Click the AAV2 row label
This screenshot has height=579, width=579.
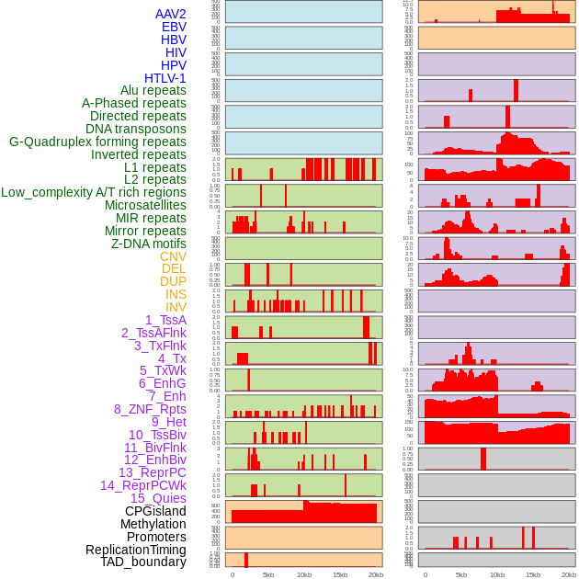click(171, 14)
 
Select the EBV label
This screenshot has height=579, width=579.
click(174, 27)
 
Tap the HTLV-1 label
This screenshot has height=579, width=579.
click(165, 78)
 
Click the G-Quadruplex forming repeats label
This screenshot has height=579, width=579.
click(97, 142)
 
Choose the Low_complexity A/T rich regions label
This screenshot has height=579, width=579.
click(94, 192)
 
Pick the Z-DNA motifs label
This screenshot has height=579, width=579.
click(149, 244)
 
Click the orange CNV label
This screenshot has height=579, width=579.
click(173, 256)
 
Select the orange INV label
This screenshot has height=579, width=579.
click(176, 307)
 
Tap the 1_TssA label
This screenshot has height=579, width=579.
click(165, 320)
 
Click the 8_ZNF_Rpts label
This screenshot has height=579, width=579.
click(150, 409)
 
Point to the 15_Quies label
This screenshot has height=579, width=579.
click(158, 498)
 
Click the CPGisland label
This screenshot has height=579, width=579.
click(155, 511)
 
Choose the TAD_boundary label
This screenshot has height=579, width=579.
click(143, 562)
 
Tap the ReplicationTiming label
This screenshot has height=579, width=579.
click(136, 550)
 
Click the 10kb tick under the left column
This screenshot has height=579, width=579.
click(304, 574)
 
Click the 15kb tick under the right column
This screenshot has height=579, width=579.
click(533, 574)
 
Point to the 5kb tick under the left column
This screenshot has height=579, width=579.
click(268, 574)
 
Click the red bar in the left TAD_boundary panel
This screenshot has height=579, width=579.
click(246, 560)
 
